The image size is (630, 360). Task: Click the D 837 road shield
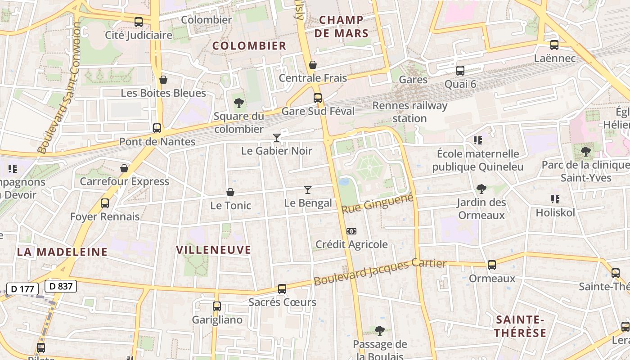click(x=61, y=286)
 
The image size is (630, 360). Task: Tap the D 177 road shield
click(x=22, y=288)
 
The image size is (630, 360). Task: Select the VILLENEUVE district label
click(x=213, y=250)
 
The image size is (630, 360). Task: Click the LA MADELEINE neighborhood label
click(x=62, y=252)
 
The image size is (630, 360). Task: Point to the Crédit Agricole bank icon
click(x=351, y=231)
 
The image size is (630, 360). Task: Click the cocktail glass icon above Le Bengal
click(x=308, y=190)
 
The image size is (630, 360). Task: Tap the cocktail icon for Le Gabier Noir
click(x=277, y=138)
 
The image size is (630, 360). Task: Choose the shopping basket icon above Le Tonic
click(x=230, y=192)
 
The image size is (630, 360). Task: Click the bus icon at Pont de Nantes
click(x=157, y=128)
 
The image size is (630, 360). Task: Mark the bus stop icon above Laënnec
click(x=554, y=45)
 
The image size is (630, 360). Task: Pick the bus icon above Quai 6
click(x=460, y=71)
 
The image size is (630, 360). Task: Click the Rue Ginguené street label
click(x=377, y=203)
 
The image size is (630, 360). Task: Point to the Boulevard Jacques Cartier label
click(x=380, y=273)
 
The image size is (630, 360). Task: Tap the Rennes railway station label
click(x=410, y=112)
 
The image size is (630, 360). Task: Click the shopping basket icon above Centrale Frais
click(x=313, y=65)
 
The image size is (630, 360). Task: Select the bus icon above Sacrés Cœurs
click(x=282, y=289)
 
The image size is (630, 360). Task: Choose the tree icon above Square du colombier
click(x=239, y=103)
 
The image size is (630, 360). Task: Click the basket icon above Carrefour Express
click(x=124, y=169)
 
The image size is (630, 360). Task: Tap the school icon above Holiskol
click(x=555, y=199)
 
